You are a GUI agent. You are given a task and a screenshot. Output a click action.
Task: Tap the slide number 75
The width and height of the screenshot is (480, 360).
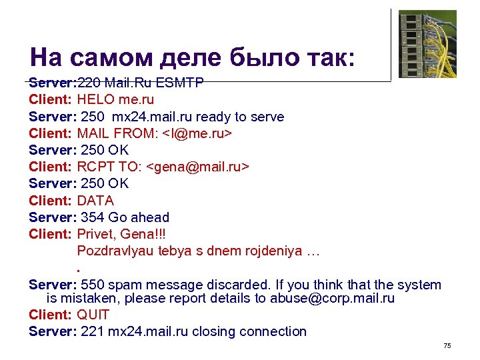[447, 346]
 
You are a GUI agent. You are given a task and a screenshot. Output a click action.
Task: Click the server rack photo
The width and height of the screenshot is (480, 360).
[427, 43]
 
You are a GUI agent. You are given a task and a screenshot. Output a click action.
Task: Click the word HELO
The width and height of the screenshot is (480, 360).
[96, 100]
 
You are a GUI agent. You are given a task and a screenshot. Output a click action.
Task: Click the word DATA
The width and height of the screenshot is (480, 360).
[95, 201]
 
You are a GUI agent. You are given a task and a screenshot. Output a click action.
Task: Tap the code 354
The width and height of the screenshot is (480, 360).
[92, 217]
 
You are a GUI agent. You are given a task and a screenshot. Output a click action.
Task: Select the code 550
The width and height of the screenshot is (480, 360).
[92, 285]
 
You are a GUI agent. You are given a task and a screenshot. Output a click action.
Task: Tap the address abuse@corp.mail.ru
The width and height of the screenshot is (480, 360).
[332, 299]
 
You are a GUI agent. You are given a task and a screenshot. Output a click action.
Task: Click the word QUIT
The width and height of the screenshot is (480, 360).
[93, 315]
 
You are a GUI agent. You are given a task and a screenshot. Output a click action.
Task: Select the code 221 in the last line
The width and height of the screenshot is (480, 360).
[92, 331]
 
